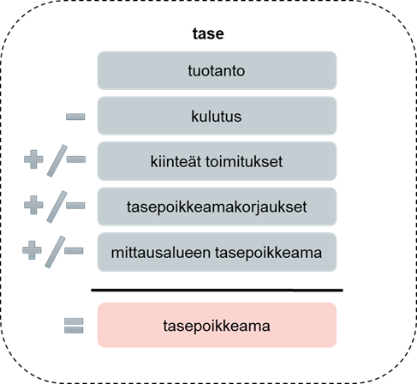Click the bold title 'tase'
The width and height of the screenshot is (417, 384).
tap(208, 33)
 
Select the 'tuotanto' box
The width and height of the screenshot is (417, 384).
tap(217, 70)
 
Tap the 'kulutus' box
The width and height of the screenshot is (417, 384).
tap(217, 116)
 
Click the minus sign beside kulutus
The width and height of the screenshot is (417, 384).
tap(75, 117)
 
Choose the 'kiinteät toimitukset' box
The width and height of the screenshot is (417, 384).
tap(217, 161)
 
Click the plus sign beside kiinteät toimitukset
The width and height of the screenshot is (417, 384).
tap(33, 159)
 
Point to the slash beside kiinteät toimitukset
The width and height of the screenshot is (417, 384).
tap(57, 161)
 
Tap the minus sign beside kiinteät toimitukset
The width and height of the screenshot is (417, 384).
tap(76, 159)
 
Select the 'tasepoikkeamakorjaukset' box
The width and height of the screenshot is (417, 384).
tap(217, 207)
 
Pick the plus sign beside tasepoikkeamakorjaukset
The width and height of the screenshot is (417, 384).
tap(33, 205)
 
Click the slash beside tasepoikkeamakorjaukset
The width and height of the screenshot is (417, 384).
tap(57, 207)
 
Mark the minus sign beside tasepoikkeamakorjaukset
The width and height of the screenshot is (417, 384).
tap(75, 205)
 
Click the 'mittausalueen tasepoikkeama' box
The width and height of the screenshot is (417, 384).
tap(217, 252)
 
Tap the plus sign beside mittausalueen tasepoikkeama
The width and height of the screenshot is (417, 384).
tap(32, 250)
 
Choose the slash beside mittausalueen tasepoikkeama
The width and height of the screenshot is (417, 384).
tap(55, 252)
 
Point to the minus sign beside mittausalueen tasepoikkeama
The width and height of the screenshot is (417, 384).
tap(74, 250)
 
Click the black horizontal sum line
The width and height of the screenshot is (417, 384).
tap(217, 291)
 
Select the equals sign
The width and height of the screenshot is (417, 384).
tap(74, 326)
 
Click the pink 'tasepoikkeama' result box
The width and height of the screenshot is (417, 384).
tap(217, 325)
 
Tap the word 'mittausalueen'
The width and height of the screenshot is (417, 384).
tap(161, 253)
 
